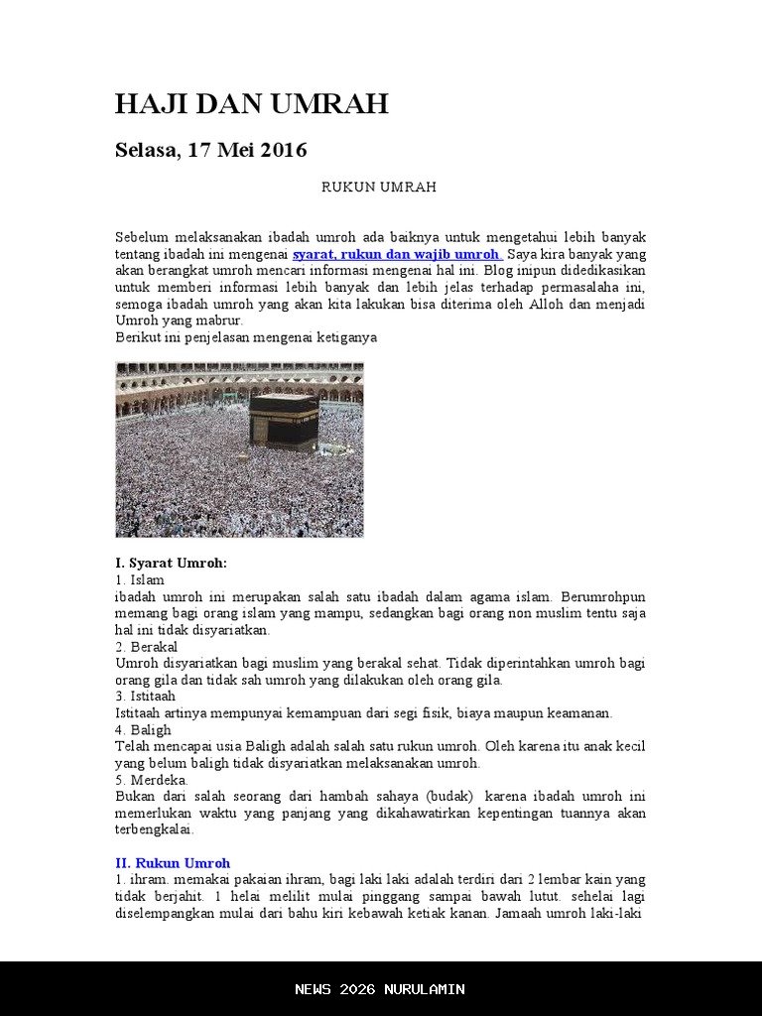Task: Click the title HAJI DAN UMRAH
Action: (251, 104)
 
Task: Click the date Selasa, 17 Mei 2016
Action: (210, 151)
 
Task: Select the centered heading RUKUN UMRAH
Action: (379, 188)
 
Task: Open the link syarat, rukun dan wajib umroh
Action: (397, 254)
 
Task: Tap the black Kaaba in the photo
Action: (284, 421)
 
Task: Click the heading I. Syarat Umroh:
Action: (171, 563)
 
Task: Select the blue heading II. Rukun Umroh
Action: (173, 863)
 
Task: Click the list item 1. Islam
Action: (140, 579)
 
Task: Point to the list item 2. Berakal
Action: (146, 647)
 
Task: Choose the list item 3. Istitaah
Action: (145, 697)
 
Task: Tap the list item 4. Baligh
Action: (143, 730)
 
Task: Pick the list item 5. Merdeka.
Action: (152, 780)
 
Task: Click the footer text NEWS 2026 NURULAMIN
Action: (380, 989)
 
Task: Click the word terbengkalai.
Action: (154, 829)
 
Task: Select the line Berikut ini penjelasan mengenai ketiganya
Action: (246, 337)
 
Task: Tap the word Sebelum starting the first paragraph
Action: (141, 237)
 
